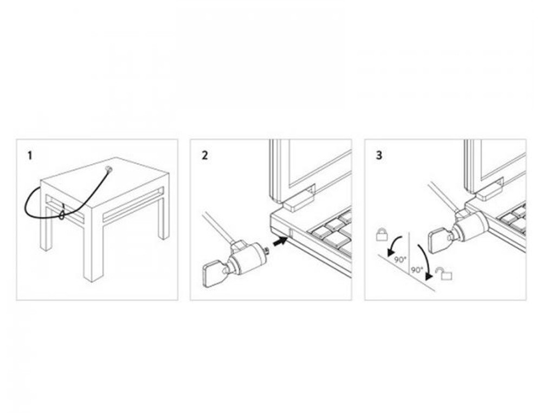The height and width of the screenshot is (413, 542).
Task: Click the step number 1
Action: coord(30,156)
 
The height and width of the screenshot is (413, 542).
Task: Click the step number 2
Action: coord(205,156)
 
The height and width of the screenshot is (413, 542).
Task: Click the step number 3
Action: coord(379,156)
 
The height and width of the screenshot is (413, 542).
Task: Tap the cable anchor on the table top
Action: coord(108,169)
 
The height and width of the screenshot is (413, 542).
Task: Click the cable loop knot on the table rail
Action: coord(62,216)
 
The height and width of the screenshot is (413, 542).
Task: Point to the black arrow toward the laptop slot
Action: coord(280,241)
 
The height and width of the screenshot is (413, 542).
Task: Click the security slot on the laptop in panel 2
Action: coord(289,234)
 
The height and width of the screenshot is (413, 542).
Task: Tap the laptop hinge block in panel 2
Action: coord(299,199)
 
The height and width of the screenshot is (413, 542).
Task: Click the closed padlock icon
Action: coord(382,234)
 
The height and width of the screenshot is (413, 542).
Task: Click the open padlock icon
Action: coord(444,273)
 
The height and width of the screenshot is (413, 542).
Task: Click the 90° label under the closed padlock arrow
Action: coord(401,259)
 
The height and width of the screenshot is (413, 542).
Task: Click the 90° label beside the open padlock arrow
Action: coord(416,270)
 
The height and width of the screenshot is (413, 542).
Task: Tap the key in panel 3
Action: coord(438,241)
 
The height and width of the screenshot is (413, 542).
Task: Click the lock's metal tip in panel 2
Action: coord(267,250)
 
